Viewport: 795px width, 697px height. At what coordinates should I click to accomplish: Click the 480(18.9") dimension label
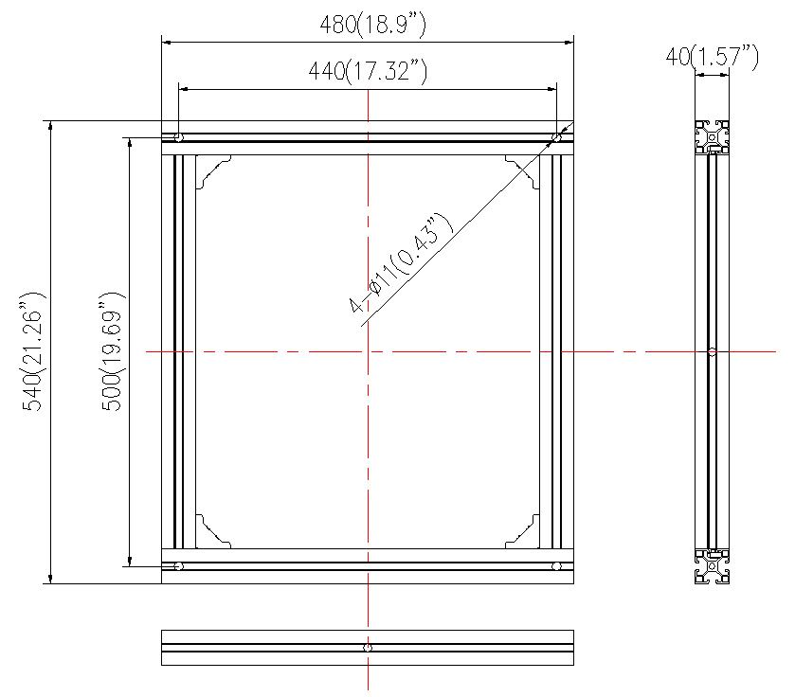(x=372, y=25)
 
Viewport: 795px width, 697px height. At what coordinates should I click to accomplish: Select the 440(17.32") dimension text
(x=368, y=70)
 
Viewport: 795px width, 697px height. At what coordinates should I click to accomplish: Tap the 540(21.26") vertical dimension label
(x=32, y=351)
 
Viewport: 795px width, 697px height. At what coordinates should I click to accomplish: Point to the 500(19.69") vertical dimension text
(x=112, y=351)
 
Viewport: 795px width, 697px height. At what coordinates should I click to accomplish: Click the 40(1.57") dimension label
(x=712, y=56)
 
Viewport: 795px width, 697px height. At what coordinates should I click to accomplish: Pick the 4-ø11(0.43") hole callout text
(x=400, y=263)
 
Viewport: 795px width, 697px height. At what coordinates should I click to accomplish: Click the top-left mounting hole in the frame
(x=178, y=137)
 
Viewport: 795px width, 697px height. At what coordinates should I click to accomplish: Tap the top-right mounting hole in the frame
(x=556, y=137)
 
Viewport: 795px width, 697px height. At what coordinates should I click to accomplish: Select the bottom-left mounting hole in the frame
(x=178, y=565)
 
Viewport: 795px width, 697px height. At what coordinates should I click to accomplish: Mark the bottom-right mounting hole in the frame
(x=556, y=565)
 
